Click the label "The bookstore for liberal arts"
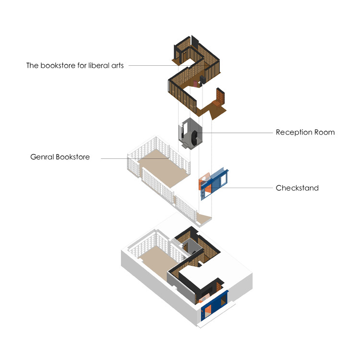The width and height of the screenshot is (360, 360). pos(75,66)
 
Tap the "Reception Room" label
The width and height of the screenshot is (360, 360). pos(305,132)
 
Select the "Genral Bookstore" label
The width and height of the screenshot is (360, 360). pos(60,157)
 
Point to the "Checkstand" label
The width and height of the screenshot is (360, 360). pos(297,188)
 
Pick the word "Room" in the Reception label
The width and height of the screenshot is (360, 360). pos(324,132)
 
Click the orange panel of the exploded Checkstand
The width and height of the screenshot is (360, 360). pos(204,184)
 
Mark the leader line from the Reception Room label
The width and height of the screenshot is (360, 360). pos(240,132)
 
